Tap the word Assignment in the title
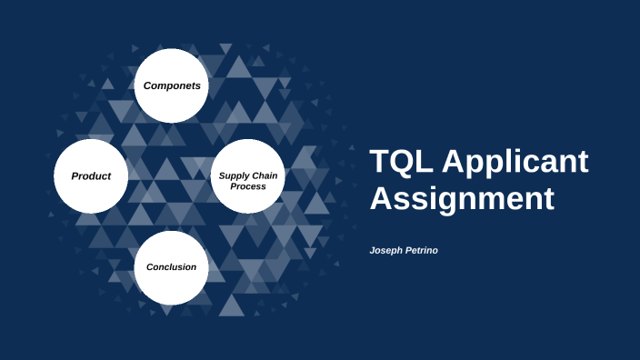[462, 198]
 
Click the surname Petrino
[421, 249]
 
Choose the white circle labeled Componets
[172, 85]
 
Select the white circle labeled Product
[91, 175]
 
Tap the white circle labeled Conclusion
[172, 267]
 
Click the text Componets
[172, 85]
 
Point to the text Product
[91, 175]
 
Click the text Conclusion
[172, 267]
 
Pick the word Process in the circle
[248, 185]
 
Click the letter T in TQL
[380, 163]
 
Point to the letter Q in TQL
[402, 163]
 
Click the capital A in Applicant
[455, 163]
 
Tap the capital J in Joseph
[373, 249]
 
